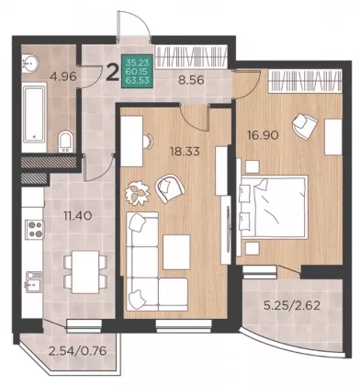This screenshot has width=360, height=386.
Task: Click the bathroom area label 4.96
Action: pos(64,76)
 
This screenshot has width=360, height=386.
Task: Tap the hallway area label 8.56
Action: pos(191,80)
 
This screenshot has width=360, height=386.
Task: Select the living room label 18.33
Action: pos(185,152)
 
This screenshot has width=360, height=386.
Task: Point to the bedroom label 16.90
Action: pos(264,134)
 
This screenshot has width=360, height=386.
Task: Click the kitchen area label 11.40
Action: pos(78,216)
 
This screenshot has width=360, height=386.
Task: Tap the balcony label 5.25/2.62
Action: pos(292,305)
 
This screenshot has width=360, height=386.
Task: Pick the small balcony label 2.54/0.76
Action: pos(78,350)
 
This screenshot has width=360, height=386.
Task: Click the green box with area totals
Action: pos(137,72)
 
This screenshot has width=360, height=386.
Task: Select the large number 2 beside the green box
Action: pos(112,74)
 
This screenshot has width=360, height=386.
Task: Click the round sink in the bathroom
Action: pos(29,63)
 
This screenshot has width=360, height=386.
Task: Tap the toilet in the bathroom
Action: pos(65,142)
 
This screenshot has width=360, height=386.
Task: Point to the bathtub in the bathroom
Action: pos(34,114)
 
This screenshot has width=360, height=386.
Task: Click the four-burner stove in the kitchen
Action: pos(34,230)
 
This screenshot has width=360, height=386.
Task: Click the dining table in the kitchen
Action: pos(85,271)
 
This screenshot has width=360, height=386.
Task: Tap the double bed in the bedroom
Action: pos(273,207)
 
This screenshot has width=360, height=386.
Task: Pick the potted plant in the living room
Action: pos(138,193)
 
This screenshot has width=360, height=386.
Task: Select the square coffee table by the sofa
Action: pos(176,252)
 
